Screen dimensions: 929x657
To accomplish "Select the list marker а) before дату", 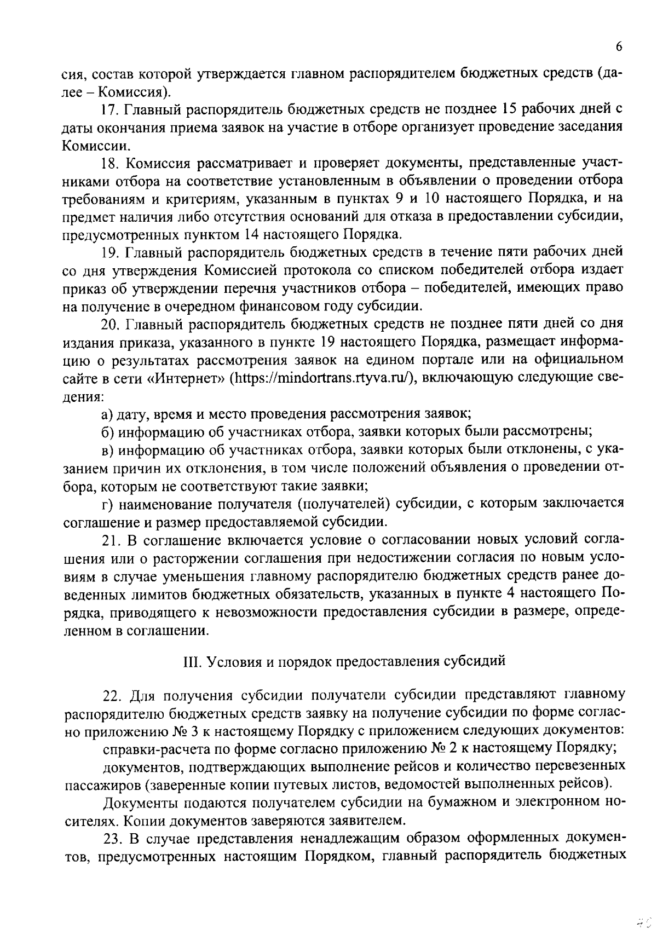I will (x=107, y=413).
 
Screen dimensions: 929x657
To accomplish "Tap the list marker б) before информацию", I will (x=107, y=431).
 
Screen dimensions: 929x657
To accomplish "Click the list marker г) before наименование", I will (x=107, y=503).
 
